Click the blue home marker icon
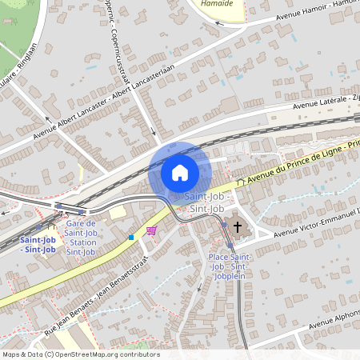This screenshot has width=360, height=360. tap(180, 172)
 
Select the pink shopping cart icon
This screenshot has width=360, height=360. tap(151, 231)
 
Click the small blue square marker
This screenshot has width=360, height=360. tap(131, 237)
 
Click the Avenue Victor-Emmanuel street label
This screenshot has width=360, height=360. tap(316, 225)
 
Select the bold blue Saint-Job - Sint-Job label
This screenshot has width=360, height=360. tap(37, 245)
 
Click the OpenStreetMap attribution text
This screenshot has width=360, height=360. tap(80, 354)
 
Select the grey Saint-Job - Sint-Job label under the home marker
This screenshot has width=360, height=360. tap(209, 202)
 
